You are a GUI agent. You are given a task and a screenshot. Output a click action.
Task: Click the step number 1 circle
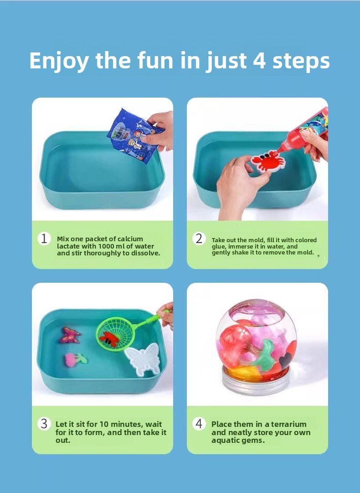click(44, 239)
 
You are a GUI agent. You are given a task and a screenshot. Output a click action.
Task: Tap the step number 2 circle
click(199, 239)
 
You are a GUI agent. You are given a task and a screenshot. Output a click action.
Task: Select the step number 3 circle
click(44, 424)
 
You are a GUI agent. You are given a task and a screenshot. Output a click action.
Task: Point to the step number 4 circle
click(199, 424)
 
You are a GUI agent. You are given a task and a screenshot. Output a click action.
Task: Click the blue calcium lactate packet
click(134, 135)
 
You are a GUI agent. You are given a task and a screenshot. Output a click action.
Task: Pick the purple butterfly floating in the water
click(70, 335)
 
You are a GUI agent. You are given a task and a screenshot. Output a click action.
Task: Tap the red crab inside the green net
click(109, 339)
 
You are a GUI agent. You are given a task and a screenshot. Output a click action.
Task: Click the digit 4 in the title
click(259, 60)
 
